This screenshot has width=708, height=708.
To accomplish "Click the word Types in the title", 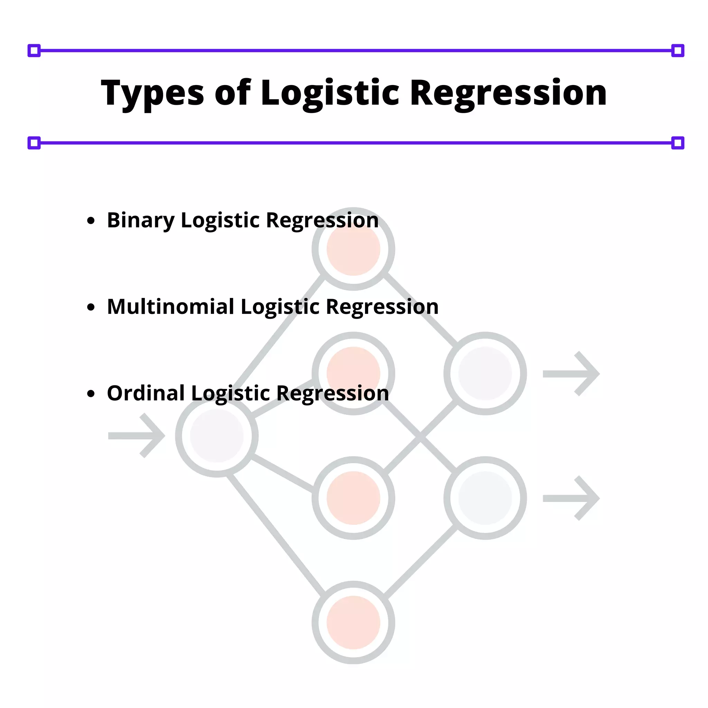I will click(152, 93).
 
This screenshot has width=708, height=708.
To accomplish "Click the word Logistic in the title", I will click(329, 93).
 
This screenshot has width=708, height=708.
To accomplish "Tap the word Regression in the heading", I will click(508, 93).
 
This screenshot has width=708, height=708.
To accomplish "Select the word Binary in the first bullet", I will click(140, 220).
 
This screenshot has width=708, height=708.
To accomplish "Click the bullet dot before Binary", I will click(91, 221).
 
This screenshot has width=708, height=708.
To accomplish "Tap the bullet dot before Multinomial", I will click(91, 307).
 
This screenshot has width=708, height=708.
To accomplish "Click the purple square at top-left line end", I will click(34, 50).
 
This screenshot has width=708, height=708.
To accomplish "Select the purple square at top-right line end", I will click(678, 50).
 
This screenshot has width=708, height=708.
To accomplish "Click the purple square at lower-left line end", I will click(34, 143).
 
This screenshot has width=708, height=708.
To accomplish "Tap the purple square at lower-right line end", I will click(678, 143).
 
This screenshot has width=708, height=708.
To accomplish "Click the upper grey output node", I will click(485, 373).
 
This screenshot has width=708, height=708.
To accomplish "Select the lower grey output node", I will click(485, 498).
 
